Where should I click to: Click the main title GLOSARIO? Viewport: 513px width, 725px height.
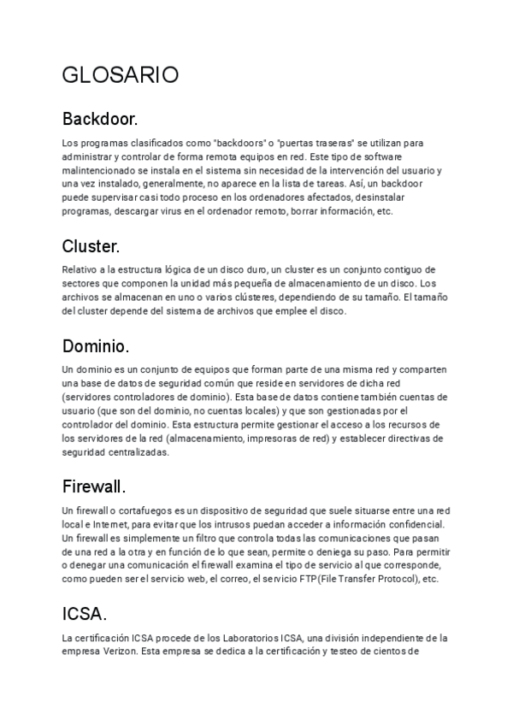(x=121, y=75)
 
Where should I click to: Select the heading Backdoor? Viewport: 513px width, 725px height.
(x=100, y=118)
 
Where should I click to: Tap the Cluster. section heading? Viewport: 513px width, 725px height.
(x=91, y=246)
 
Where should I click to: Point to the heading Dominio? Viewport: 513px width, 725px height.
(x=96, y=346)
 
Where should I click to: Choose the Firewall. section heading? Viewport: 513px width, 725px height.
(x=94, y=486)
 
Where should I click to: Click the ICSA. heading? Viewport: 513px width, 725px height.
(x=85, y=614)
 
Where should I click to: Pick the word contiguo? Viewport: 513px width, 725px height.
(x=398, y=269)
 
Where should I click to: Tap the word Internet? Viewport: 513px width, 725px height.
(x=124, y=523)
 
